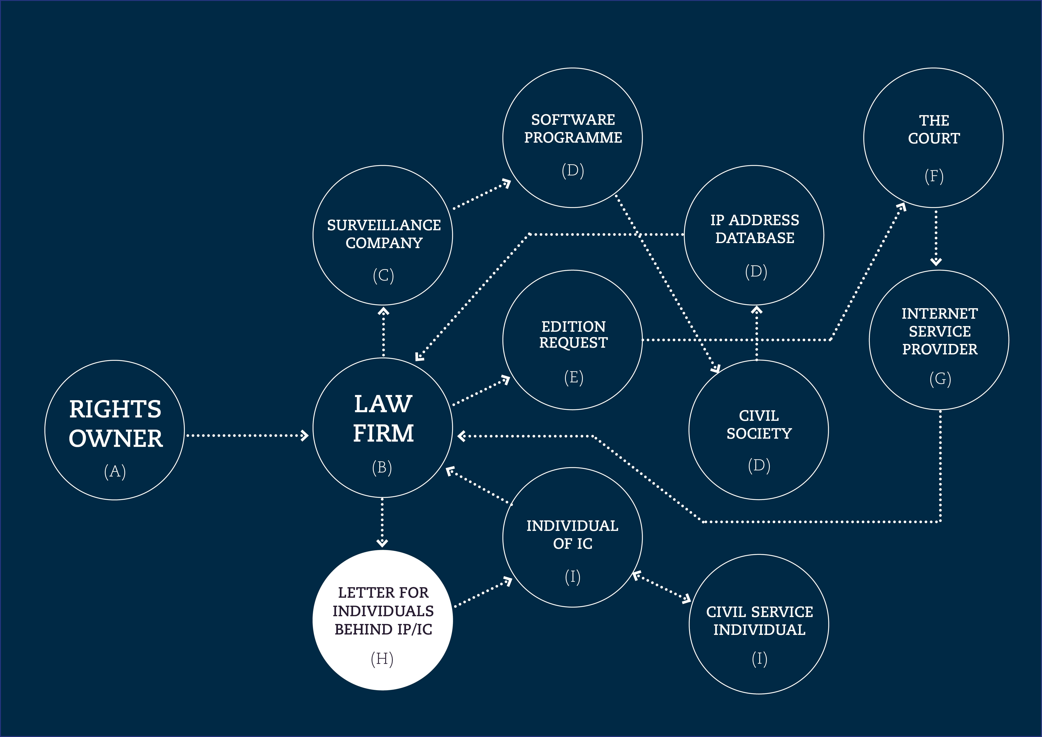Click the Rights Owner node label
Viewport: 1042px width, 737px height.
(115, 423)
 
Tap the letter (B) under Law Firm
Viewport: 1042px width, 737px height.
(382, 467)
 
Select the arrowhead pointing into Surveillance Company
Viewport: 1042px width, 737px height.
(384, 311)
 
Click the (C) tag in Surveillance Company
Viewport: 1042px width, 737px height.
(384, 275)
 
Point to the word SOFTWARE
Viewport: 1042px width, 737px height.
(573, 120)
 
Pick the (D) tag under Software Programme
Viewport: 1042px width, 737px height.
(573, 170)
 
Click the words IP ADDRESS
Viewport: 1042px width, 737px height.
(755, 220)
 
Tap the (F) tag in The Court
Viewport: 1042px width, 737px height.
(934, 176)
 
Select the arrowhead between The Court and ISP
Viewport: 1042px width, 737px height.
(936, 261)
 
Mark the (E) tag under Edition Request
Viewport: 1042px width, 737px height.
(574, 377)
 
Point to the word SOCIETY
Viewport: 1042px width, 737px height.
(759, 433)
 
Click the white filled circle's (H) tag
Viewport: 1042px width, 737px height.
(382, 658)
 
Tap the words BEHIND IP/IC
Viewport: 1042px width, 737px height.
(384, 629)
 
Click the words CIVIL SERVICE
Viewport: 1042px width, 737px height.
(759, 612)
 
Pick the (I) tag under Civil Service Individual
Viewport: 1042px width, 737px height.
(759, 658)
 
